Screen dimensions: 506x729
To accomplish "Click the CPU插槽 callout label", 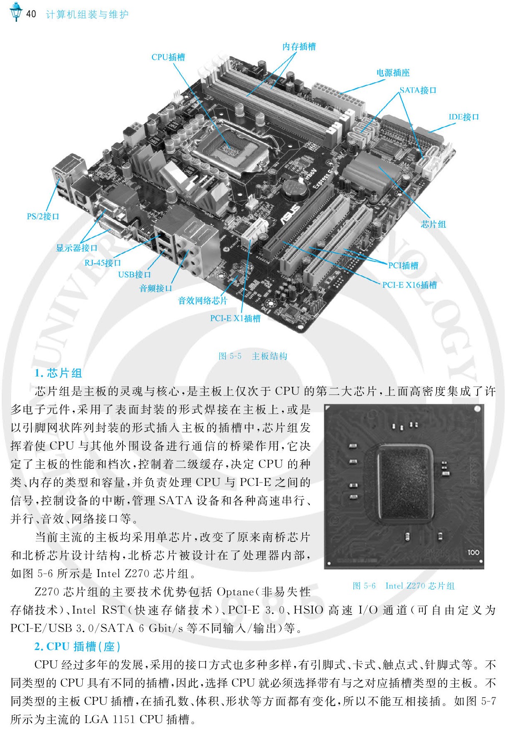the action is pyautogui.click(x=168, y=57).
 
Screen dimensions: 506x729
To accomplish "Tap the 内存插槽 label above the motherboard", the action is pyautogui.click(x=299, y=46).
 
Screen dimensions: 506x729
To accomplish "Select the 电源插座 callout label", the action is pyautogui.click(x=393, y=73).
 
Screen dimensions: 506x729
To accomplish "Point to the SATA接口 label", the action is pyautogui.click(x=418, y=90).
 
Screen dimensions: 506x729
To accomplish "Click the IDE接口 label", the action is pyautogui.click(x=463, y=117).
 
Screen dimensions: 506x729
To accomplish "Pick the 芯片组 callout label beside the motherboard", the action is pyautogui.click(x=433, y=224).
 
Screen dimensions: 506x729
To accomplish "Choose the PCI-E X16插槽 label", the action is pyautogui.click(x=409, y=285).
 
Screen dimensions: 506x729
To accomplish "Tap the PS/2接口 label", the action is pyautogui.click(x=43, y=216).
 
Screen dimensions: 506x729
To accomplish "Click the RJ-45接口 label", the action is pyautogui.click(x=102, y=263).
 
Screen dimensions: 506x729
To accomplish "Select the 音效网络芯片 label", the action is pyautogui.click(x=203, y=300).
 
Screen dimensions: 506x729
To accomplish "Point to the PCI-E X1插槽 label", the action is pyautogui.click(x=235, y=318).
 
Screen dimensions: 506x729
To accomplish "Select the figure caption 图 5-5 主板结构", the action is pyautogui.click(x=253, y=356).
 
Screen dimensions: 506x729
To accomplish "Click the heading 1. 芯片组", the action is pyautogui.click(x=58, y=373).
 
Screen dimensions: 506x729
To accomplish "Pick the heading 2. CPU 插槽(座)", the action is pyautogui.click(x=77, y=647).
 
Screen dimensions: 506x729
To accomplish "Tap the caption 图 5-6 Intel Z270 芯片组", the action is pyautogui.click(x=404, y=586).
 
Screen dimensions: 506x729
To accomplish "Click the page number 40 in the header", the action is pyautogui.click(x=31, y=14).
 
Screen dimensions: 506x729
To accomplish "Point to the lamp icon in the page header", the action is pyautogui.click(x=16, y=12).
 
